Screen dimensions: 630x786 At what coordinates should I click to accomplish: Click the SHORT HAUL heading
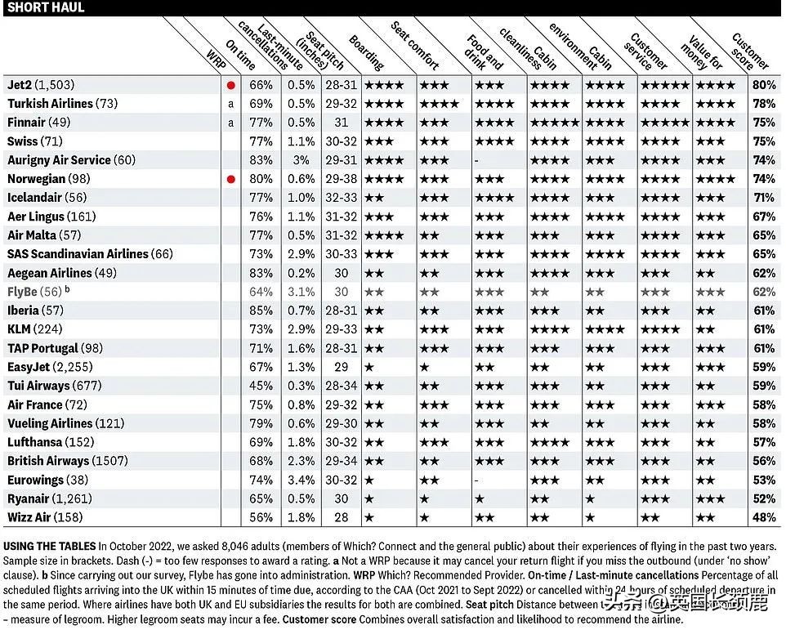pyautogui.click(x=46, y=7)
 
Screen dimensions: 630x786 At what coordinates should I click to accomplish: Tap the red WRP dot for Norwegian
pyautogui.click(x=231, y=179)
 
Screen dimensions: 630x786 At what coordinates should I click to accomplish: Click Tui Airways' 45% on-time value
pyautogui.click(x=261, y=386)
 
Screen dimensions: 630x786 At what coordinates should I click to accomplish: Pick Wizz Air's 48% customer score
pyautogui.click(x=764, y=517)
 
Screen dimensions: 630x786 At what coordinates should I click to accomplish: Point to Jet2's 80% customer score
pyautogui.click(x=764, y=85)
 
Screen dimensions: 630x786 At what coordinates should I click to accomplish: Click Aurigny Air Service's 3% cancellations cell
pyautogui.click(x=301, y=160)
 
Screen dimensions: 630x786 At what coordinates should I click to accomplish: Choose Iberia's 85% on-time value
pyautogui.click(x=261, y=311)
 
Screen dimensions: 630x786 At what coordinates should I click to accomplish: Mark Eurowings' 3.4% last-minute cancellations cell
pyautogui.click(x=301, y=480)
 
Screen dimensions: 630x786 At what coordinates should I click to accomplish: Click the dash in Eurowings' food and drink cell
pyautogui.click(x=476, y=480)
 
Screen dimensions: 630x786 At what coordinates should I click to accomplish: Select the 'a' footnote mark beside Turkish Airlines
pyautogui.click(x=231, y=104)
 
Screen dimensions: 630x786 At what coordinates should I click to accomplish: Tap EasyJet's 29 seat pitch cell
pyautogui.click(x=342, y=367)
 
